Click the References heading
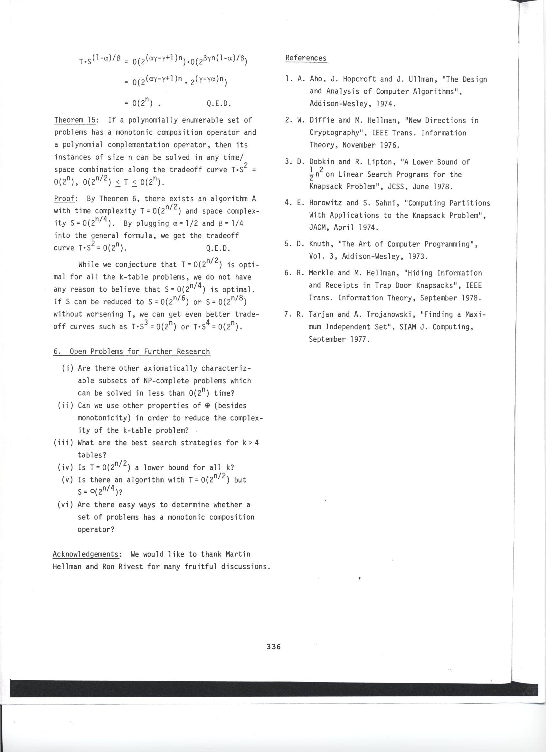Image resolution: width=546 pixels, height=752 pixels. pos(306,58)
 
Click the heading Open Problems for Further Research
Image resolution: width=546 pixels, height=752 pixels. pos(139,352)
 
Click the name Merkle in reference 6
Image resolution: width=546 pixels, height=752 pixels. pos(321,273)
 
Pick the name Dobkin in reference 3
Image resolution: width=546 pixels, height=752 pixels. pos(321,162)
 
